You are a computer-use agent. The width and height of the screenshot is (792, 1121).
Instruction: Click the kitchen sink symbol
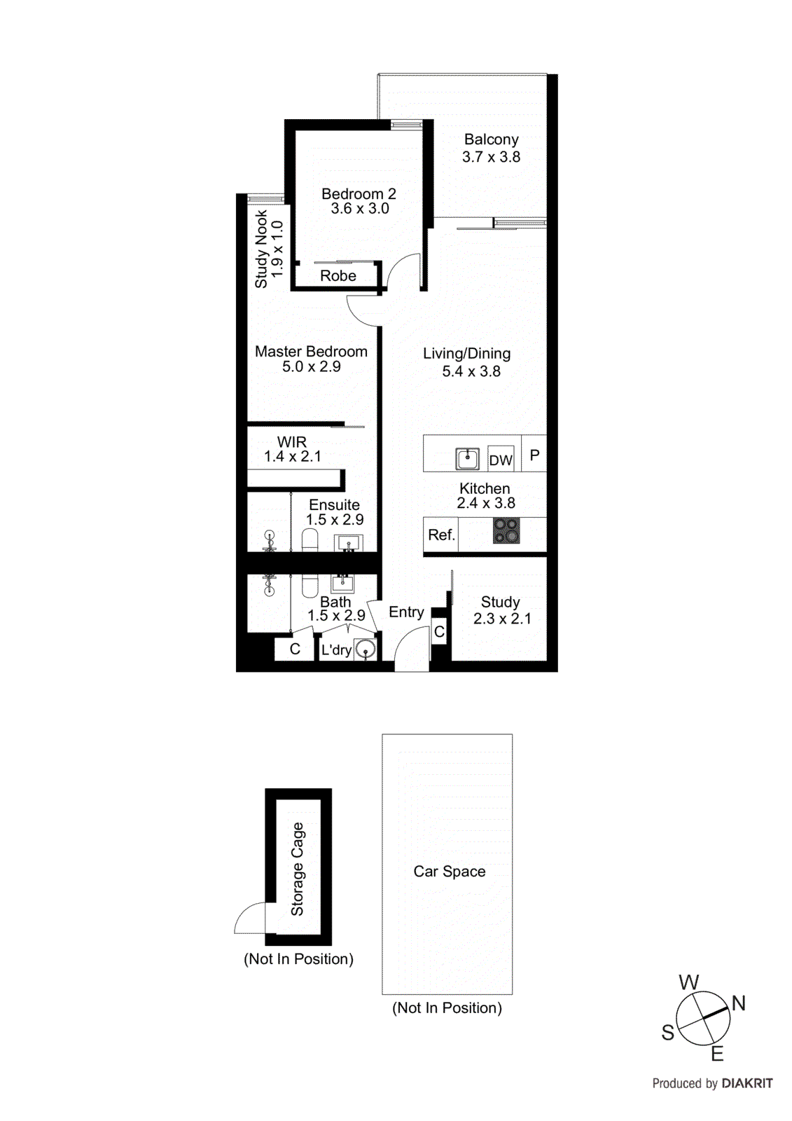(467, 459)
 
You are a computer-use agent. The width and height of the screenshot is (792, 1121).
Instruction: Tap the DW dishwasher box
(501, 460)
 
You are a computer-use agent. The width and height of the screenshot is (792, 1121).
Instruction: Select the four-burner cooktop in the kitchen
(506, 530)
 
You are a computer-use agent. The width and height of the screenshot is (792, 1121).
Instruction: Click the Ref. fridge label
(441, 535)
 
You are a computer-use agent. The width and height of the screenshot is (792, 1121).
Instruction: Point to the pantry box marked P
(534, 455)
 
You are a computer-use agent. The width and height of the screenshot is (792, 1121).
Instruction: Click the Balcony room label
(491, 139)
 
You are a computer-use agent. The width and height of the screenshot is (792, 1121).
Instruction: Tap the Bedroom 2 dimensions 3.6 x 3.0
(360, 209)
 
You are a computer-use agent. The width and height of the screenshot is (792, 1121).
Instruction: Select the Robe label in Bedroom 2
(338, 276)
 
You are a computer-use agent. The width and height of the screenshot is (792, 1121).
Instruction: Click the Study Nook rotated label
(261, 249)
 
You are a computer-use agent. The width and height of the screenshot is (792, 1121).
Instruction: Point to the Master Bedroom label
(311, 352)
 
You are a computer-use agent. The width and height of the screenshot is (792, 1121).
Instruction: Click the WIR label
(292, 442)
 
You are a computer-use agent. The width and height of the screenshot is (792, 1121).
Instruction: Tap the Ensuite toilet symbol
(310, 539)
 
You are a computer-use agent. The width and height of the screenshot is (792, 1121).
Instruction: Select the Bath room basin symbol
(342, 582)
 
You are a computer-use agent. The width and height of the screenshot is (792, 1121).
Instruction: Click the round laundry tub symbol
(365, 650)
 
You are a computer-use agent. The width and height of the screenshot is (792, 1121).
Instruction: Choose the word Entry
(406, 612)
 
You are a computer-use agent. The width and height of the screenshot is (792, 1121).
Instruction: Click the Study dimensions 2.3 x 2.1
(502, 619)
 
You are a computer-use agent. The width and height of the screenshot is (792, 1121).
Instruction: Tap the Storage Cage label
(298, 869)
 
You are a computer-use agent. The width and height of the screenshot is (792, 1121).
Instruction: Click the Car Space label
(449, 872)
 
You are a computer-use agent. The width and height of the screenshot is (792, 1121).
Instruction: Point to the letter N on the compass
(738, 1003)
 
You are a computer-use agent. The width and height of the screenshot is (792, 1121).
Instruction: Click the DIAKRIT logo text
(746, 1083)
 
